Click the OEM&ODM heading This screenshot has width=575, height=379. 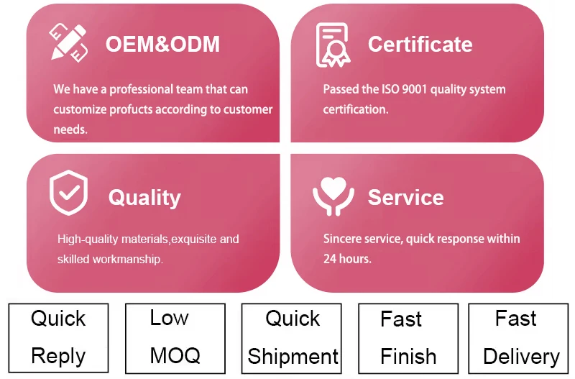pyautogui.click(x=162, y=44)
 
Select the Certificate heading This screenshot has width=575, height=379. pyautogui.click(x=420, y=45)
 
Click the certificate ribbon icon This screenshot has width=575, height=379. pyautogui.click(x=332, y=45)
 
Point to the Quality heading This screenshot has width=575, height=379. pyautogui.click(x=144, y=198)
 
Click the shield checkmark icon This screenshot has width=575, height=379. pyautogui.click(x=68, y=193)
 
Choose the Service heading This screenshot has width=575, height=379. pyautogui.click(x=405, y=198)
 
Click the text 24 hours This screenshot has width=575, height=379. pyautogui.click(x=347, y=259)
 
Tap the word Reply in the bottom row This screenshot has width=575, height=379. pyautogui.click(x=58, y=356)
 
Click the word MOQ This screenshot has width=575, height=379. pyautogui.click(x=175, y=355)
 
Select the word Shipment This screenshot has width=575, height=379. pyautogui.click(x=293, y=357)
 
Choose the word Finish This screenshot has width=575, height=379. pyautogui.click(x=408, y=356)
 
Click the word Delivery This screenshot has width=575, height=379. pyautogui.click(x=521, y=357)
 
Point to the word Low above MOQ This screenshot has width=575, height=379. pyautogui.click(x=170, y=318)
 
